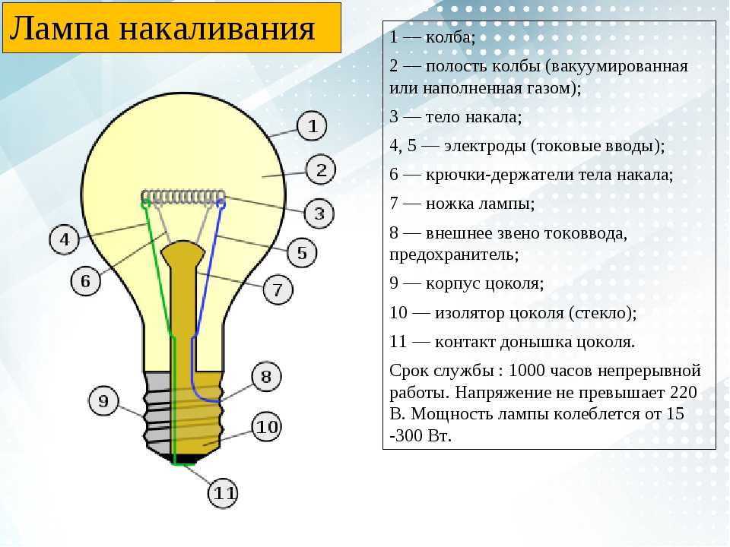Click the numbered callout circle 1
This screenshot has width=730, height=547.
(312, 125)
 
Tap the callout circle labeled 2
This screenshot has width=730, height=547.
(321, 170)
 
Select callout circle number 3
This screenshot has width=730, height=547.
(319, 213)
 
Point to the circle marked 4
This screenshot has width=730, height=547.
(64, 239)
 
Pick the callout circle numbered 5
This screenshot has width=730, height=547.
(302, 252)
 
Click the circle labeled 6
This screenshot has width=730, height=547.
(86, 281)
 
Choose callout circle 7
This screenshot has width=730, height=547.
(278, 289)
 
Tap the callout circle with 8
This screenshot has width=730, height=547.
(266, 376)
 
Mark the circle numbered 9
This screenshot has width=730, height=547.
(103, 401)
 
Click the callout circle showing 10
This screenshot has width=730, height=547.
(267, 427)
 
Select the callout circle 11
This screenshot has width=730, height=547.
(224, 493)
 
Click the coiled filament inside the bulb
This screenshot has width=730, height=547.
(183, 198)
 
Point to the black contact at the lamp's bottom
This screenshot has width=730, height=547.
(184, 460)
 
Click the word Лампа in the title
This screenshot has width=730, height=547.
(59, 29)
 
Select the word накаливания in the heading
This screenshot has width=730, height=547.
(217, 30)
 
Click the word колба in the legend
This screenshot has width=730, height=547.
(449, 37)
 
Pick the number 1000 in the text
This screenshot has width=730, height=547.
(526, 371)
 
